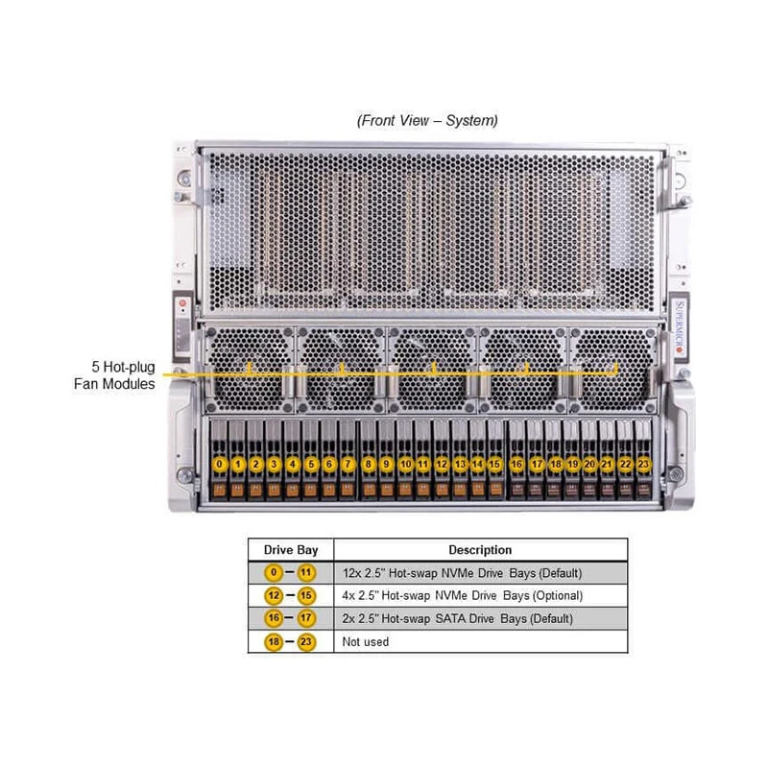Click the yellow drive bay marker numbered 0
pyautogui.click(x=220, y=465)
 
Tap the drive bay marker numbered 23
pyautogui.click(x=643, y=465)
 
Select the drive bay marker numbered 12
pyautogui.click(x=441, y=465)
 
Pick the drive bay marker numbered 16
pyautogui.click(x=516, y=465)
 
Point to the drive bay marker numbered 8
pyautogui.click(x=368, y=465)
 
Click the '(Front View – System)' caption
pyautogui.click(x=427, y=121)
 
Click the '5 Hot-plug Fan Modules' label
pyautogui.click(x=114, y=374)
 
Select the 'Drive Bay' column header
pyautogui.click(x=290, y=550)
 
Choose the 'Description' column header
pyautogui.click(x=480, y=550)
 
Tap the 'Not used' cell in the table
pyautogui.click(x=366, y=641)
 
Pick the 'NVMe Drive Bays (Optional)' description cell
pyautogui.click(x=463, y=596)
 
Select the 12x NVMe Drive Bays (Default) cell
pyautogui.click(x=462, y=573)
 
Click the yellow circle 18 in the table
pyautogui.click(x=274, y=641)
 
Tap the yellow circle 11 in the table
pyautogui.click(x=307, y=573)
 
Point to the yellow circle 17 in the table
pyautogui.click(x=307, y=619)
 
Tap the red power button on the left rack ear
pyautogui.click(x=180, y=303)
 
